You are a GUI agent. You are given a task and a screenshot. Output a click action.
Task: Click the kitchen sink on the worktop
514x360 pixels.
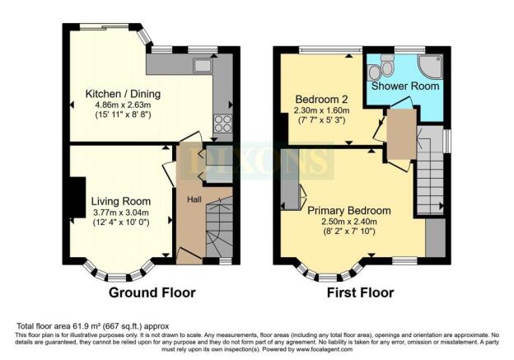click(203, 64)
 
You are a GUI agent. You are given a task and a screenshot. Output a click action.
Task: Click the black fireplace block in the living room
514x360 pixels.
click(76, 198)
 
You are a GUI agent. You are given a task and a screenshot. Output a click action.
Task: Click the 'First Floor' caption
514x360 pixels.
click(360, 292)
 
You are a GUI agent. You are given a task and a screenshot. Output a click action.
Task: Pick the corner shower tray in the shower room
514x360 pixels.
click(430, 68)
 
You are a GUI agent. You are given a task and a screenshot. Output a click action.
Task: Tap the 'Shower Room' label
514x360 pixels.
click(404, 86)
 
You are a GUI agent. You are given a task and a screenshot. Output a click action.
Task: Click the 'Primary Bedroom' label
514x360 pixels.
click(350, 210)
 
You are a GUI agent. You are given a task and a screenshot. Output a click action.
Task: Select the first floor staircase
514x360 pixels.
click(428, 181)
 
